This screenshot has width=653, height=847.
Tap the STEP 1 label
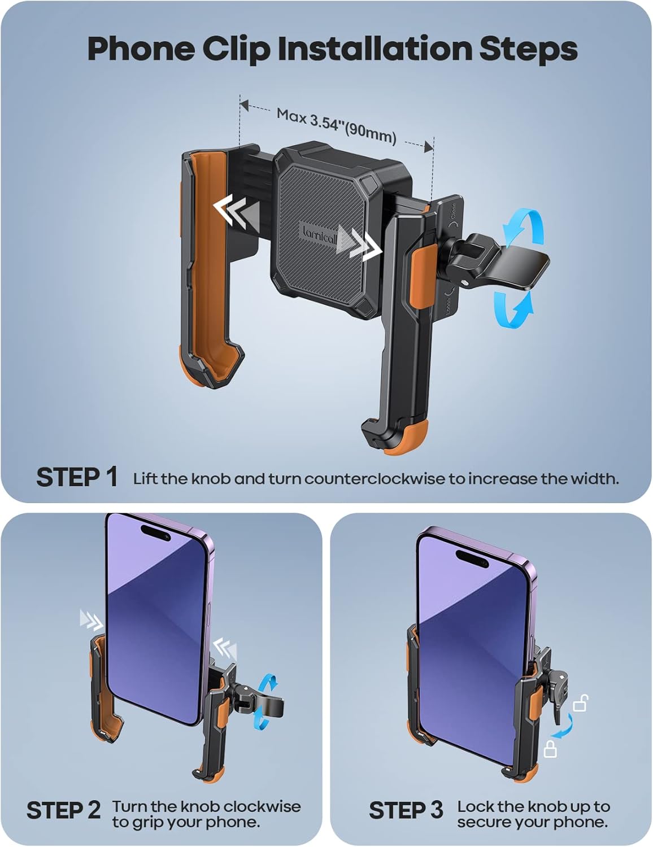tap(77, 478)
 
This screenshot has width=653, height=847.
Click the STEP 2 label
tap(63, 811)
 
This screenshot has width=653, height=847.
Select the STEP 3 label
tap(406, 811)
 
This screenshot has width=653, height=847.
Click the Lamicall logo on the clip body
tap(319, 235)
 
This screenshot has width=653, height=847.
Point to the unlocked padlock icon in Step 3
tap(581, 704)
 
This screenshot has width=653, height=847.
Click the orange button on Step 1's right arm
tap(423, 277)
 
